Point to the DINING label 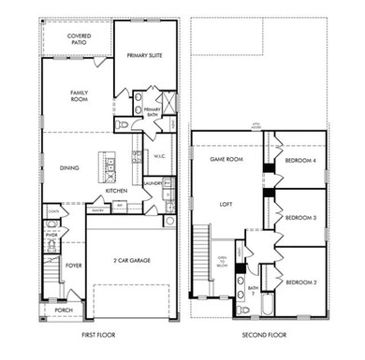point(68,168)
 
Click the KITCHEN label point(116,191)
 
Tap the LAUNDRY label point(152,183)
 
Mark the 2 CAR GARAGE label point(131,260)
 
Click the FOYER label point(74,264)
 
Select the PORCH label point(64,310)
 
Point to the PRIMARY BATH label point(153,111)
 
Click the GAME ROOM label point(225,160)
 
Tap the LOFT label point(225,202)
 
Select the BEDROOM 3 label point(299,216)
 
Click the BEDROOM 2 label point(299,281)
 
